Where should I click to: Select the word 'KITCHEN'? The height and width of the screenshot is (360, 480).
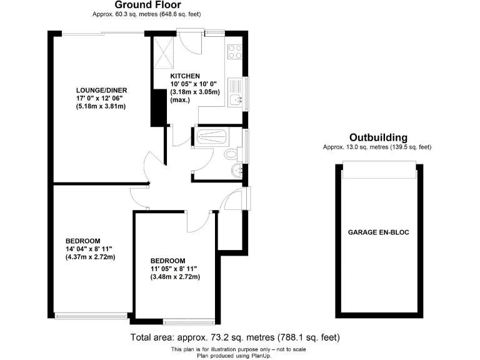185,76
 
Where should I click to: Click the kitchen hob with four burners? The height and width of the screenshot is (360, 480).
235,51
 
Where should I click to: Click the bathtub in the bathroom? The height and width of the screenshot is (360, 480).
211,137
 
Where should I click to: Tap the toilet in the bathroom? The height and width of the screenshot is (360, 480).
231,154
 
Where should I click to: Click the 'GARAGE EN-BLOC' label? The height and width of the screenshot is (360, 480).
379,232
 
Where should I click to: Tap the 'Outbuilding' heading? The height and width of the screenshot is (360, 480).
378,137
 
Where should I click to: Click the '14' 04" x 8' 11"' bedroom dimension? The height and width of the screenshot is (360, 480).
91,249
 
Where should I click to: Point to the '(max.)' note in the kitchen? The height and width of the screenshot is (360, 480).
180,100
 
